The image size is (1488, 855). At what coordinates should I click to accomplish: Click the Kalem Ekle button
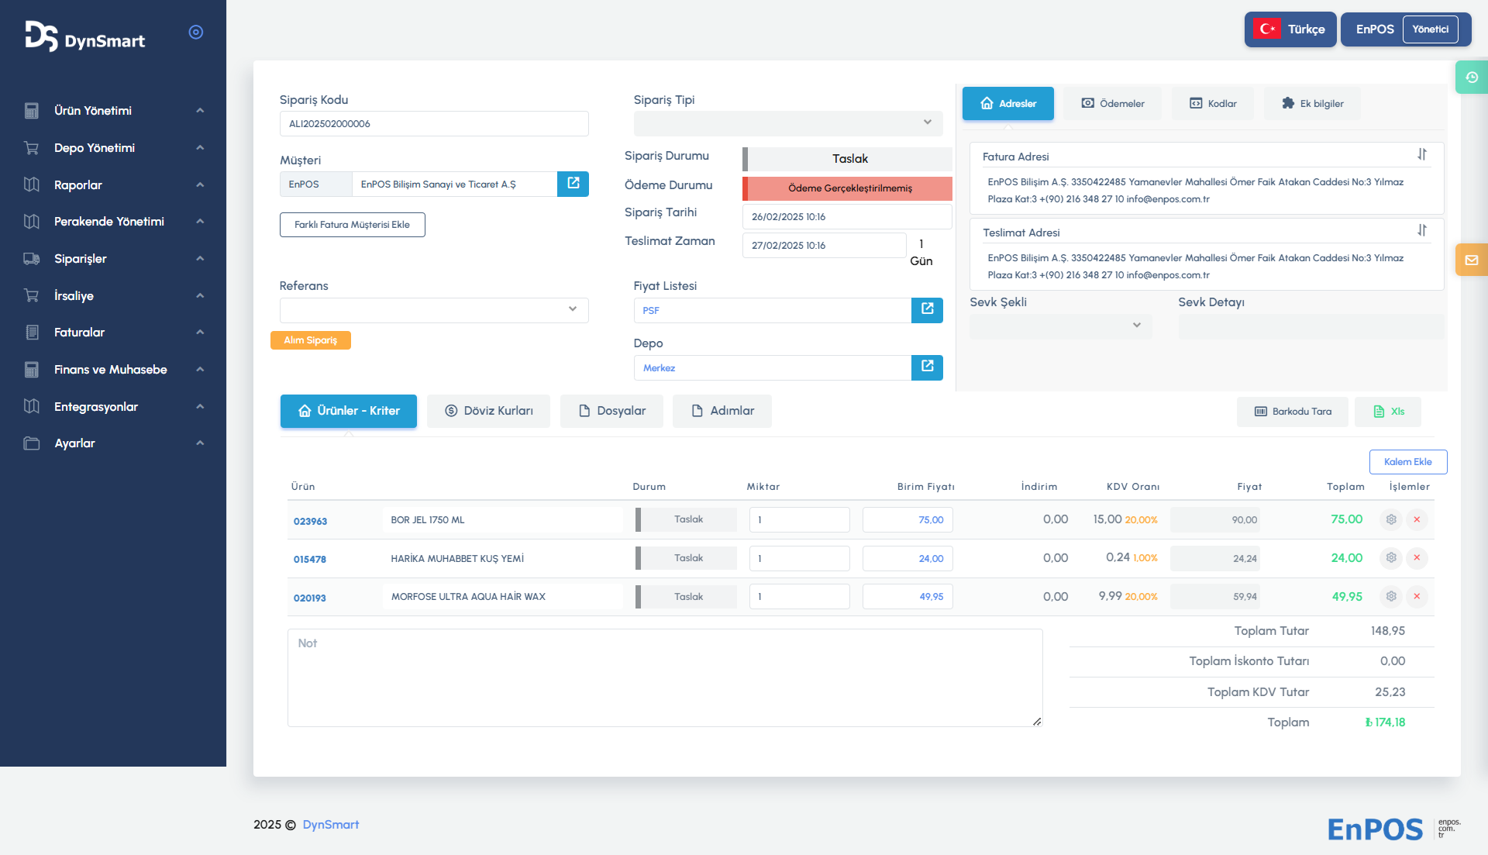[x=1407, y=462]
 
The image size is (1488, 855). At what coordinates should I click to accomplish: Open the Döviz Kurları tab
[x=488, y=411]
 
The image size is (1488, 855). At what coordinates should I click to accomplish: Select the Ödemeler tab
[x=1113, y=104]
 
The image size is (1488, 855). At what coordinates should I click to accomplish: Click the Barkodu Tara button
[x=1293, y=412]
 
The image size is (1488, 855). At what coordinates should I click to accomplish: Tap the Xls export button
[x=1388, y=412]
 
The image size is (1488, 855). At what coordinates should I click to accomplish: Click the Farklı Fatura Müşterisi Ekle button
[x=352, y=225]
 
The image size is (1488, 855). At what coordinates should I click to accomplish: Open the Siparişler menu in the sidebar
[x=81, y=259]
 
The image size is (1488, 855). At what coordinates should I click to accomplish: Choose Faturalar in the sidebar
[x=79, y=333]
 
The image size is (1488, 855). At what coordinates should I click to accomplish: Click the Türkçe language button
[x=1290, y=29]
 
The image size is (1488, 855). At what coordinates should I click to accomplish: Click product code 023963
[x=310, y=521]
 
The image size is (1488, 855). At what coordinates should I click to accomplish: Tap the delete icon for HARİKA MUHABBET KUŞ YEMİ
[x=1417, y=558]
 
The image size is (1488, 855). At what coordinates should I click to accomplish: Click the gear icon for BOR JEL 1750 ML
[x=1391, y=519]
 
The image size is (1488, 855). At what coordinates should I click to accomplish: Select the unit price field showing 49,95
[x=908, y=597]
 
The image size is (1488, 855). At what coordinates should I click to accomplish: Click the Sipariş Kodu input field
[x=434, y=124]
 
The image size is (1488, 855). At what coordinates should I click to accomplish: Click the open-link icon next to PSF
[x=927, y=310]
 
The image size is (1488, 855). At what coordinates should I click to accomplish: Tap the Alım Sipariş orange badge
[x=310, y=340]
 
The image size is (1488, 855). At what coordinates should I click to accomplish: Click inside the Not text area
[x=664, y=677]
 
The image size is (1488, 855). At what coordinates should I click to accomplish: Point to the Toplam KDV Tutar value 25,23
[x=1390, y=692]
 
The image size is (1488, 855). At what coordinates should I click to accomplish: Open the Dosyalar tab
[x=611, y=411]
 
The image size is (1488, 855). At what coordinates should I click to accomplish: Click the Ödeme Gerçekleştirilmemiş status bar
[x=849, y=188]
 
